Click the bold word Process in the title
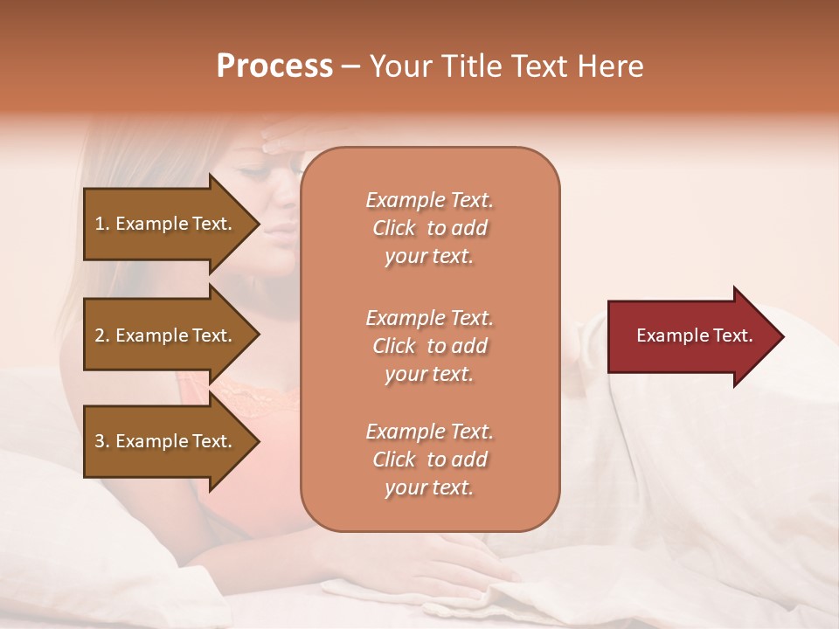pos(274,66)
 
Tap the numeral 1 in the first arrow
pos(100,224)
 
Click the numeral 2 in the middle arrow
pos(100,335)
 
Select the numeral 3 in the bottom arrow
pos(100,441)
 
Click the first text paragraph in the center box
pos(429,228)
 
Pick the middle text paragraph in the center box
pos(429,346)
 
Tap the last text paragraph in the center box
pos(429,460)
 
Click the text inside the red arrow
pos(695,335)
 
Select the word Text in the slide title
pos(543,66)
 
